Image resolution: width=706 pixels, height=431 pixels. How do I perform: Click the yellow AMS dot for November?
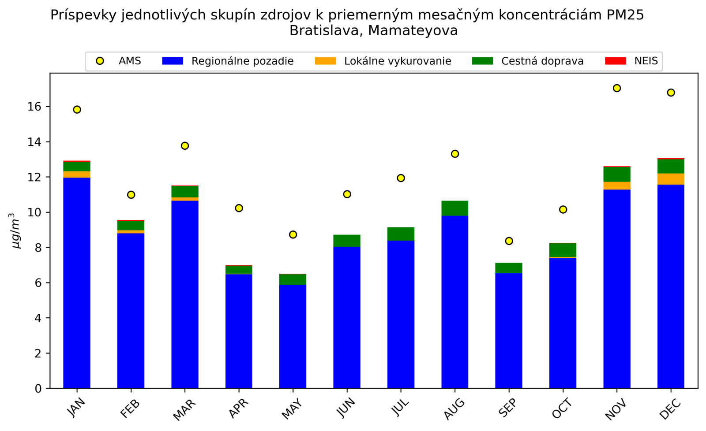tap(617, 88)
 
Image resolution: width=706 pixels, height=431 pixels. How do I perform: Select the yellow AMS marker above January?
tap(77, 109)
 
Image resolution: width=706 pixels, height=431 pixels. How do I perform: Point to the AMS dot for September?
tap(509, 241)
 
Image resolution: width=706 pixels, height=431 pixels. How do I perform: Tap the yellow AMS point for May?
tap(293, 234)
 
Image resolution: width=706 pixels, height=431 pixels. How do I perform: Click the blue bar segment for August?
tap(454, 302)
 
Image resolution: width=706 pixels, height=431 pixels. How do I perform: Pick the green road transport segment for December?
tap(671, 166)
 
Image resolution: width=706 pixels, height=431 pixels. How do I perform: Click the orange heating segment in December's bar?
tap(671, 179)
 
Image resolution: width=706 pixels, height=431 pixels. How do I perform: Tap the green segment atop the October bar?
tap(563, 250)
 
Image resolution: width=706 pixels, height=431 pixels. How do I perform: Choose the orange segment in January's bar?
tap(77, 175)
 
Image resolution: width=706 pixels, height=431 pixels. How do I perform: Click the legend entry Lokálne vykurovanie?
tap(397, 61)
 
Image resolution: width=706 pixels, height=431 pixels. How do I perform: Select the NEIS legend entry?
tap(646, 61)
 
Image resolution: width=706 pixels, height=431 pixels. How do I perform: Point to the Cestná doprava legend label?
tap(542, 61)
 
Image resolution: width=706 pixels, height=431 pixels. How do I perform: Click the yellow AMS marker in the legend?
tap(100, 61)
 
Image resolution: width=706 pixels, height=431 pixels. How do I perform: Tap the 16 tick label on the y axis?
tap(35, 107)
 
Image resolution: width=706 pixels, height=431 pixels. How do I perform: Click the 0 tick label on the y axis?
tap(38, 389)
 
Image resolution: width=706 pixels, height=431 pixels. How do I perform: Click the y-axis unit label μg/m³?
tap(15, 231)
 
